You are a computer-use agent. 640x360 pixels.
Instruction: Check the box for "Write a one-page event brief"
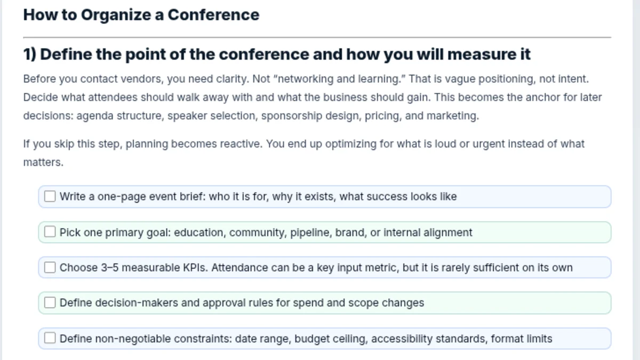pyautogui.click(x=50, y=197)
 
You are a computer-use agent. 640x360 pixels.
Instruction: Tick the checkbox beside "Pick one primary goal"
pyautogui.click(x=50, y=232)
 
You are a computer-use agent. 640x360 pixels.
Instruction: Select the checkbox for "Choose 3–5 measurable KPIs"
pyautogui.click(x=50, y=268)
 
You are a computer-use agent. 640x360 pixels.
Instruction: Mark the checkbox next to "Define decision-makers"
pyautogui.click(x=50, y=303)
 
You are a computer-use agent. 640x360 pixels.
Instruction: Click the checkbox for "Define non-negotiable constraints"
pyautogui.click(x=50, y=338)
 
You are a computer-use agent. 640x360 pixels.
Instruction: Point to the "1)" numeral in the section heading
pyautogui.click(x=30, y=54)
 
